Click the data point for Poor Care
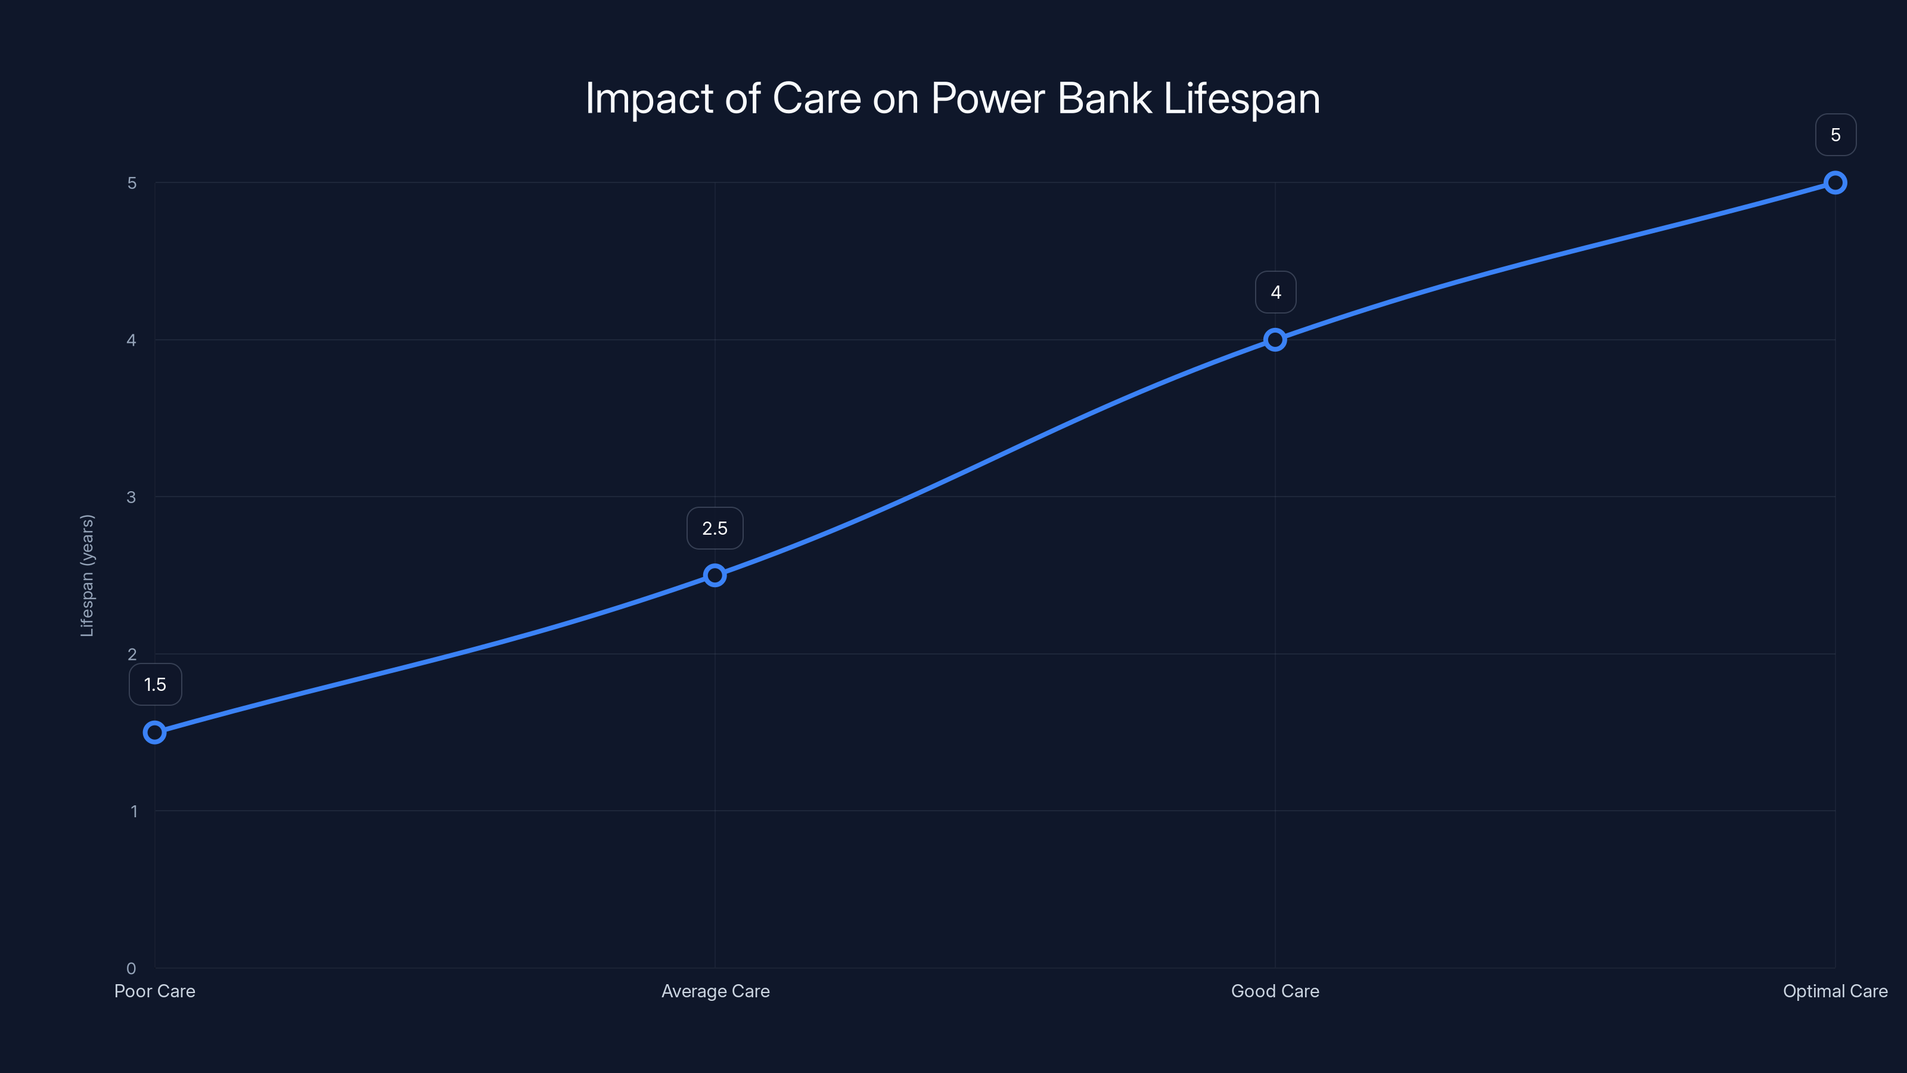(155, 733)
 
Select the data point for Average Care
(715, 575)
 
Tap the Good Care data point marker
(1275, 340)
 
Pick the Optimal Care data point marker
(1835, 183)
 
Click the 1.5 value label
(155, 684)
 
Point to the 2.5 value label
(715, 528)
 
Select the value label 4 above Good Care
(1275, 293)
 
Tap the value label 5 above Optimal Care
(1835, 135)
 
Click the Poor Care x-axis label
(155, 991)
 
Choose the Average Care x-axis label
(715, 991)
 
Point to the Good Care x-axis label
(1275, 991)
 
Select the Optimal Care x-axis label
(1835, 991)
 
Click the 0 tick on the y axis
(131, 969)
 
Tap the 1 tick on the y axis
(134, 811)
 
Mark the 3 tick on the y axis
(131, 497)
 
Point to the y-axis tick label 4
(131, 340)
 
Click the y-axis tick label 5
(132, 183)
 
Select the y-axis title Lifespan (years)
(88, 575)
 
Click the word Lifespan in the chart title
(1241, 98)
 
